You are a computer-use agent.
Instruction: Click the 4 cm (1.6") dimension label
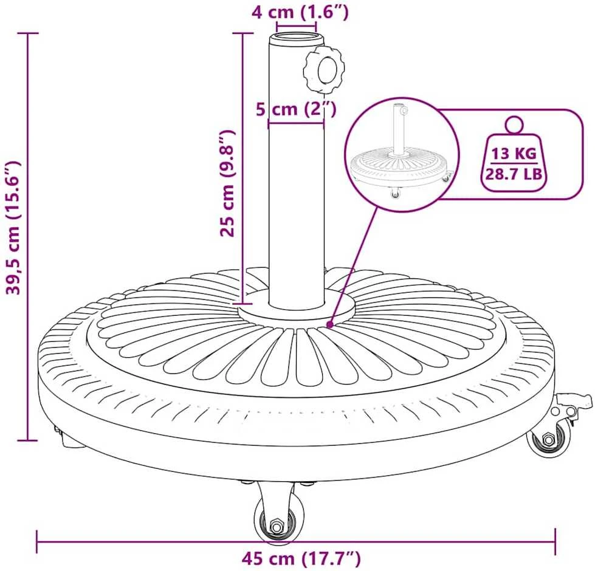click(300, 12)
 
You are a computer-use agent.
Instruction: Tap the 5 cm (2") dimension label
click(297, 109)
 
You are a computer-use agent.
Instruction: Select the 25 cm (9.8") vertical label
click(229, 183)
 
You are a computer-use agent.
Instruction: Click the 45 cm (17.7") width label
click(301, 558)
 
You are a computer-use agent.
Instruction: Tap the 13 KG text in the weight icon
click(514, 154)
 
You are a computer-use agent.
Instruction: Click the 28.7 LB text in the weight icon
click(514, 174)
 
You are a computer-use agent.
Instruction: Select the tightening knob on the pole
click(324, 69)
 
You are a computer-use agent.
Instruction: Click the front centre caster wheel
click(278, 521)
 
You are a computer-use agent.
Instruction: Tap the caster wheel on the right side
click(549, 437)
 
